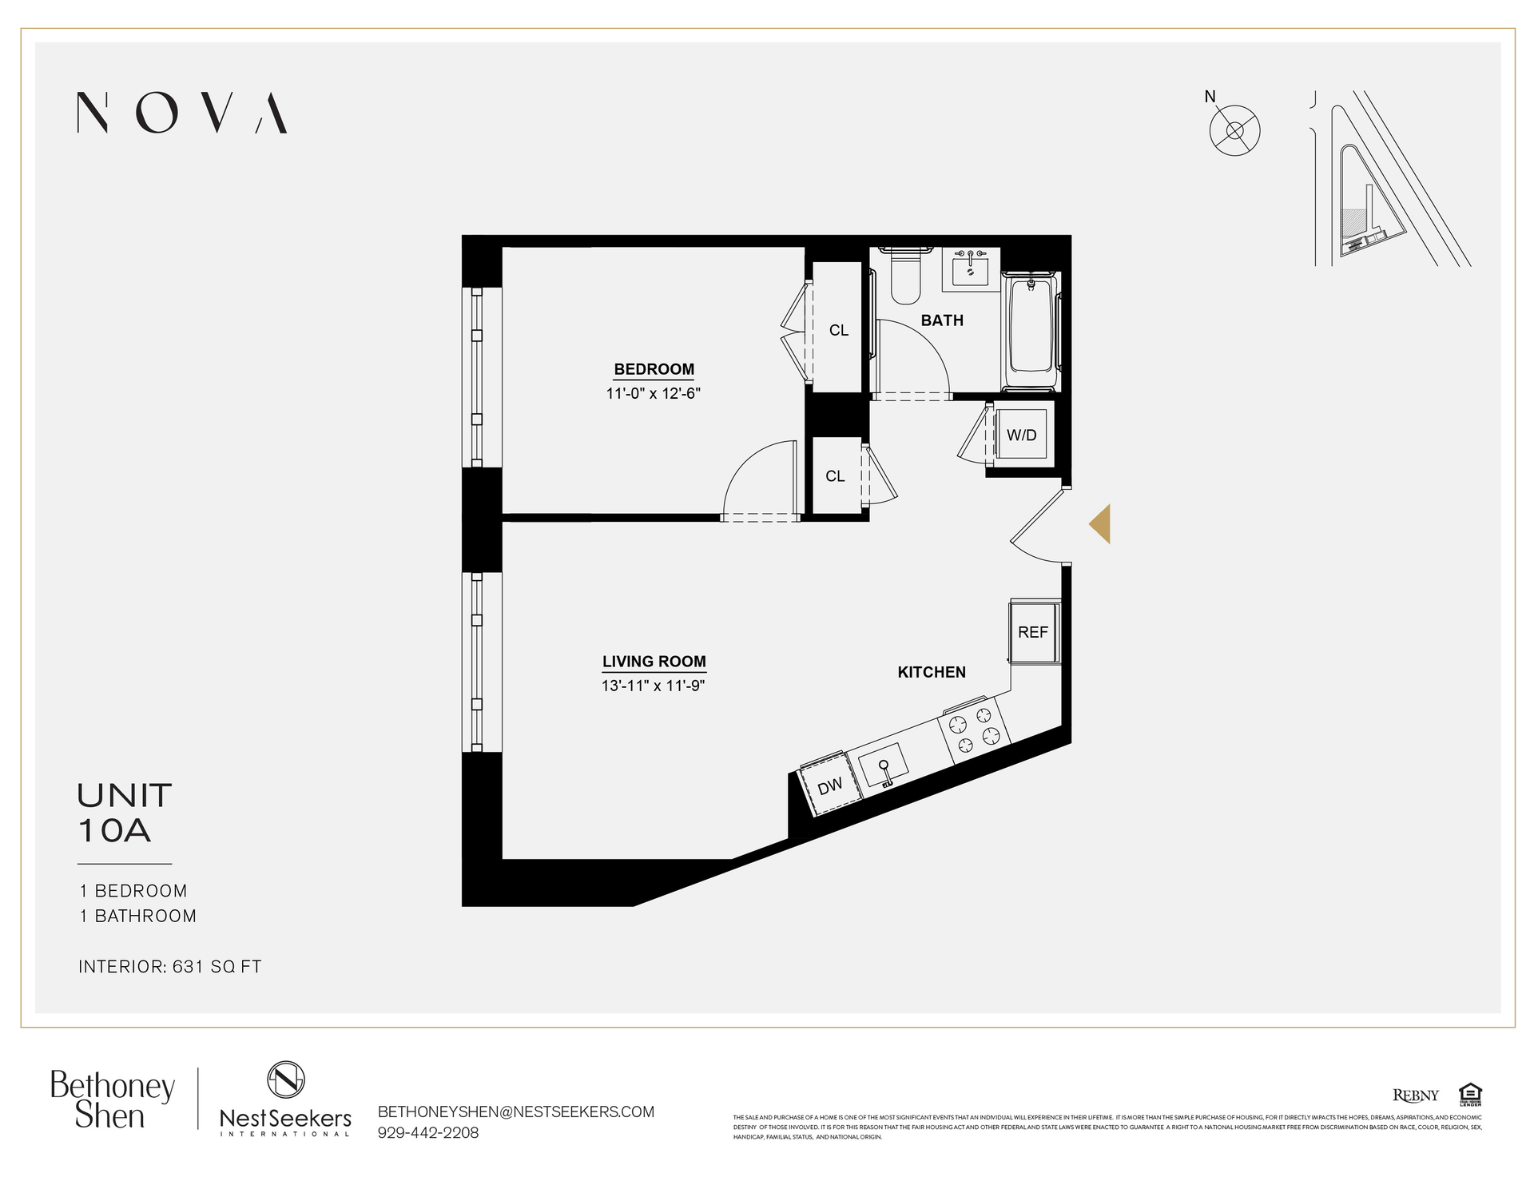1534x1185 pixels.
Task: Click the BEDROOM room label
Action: click(654, 369)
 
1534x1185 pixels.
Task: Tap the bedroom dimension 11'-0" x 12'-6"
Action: click(653, 393)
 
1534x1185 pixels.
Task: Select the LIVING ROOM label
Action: click(654, 662)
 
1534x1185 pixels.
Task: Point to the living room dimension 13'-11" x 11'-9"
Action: click(653, 686)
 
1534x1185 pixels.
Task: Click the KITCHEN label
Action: click(932, 672)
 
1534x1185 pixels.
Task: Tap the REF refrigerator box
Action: click(1034, 632)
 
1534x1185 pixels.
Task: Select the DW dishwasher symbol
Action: click(831, 785)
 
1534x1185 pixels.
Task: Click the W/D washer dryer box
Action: click(1022, 435)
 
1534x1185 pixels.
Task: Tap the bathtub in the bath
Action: click(1031, 331)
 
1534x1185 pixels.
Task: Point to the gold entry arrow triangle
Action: click(1101, 524)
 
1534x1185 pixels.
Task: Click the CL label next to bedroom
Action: click(838, 330)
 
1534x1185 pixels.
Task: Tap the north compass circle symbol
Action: click(1234, 131)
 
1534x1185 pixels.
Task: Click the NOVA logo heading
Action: click(181, 112)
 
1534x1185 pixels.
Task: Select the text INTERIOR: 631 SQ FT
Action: click(170, 966)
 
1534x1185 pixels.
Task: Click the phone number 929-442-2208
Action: click(427, 1132)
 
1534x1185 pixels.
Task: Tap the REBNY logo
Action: click(1415, 1095)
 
